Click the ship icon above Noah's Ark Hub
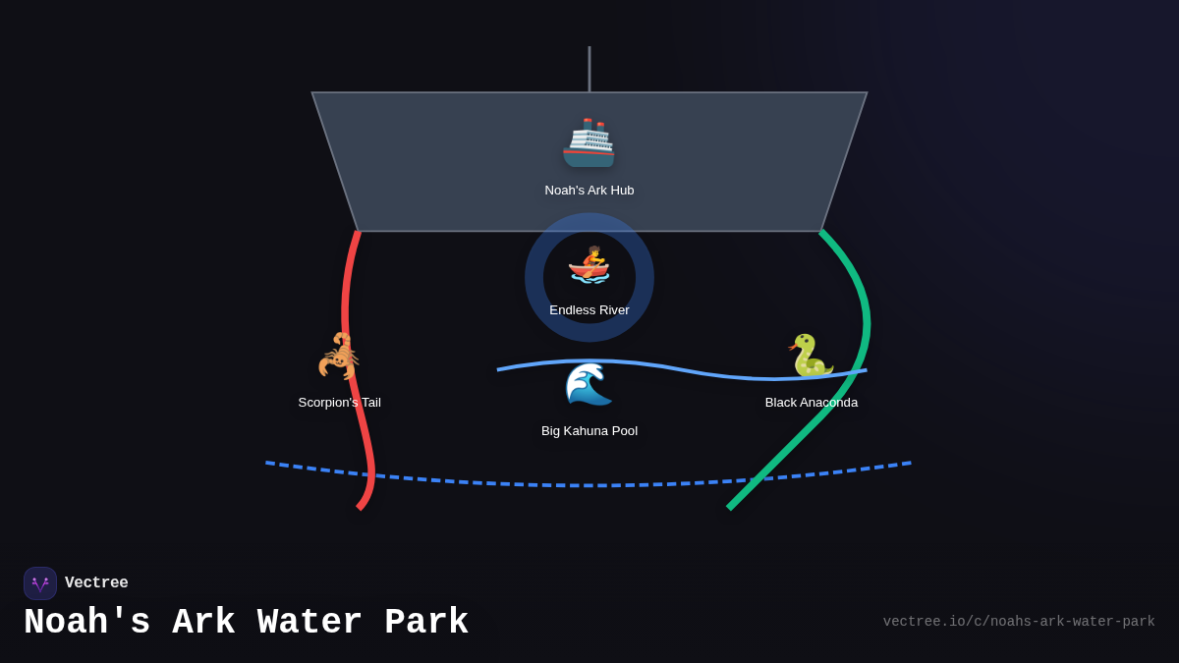coord(589,143)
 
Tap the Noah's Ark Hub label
coord(589,191)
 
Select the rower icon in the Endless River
coord(589,265)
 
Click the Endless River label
coord(589,310)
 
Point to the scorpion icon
coord(339,356)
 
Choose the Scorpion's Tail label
coord(340,403)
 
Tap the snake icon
coord(811,356)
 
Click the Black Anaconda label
coord(812,403)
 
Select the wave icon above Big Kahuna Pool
coord(589,384)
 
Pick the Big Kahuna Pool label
coord(589,431)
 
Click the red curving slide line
coord(346,295)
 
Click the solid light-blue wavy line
coord(688,370)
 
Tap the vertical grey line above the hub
coord(589,69)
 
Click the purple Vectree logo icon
coord(40,583)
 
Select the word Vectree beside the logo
coord(96,583)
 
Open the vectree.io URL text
coord(1018,622)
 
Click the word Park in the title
coord(426,623)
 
